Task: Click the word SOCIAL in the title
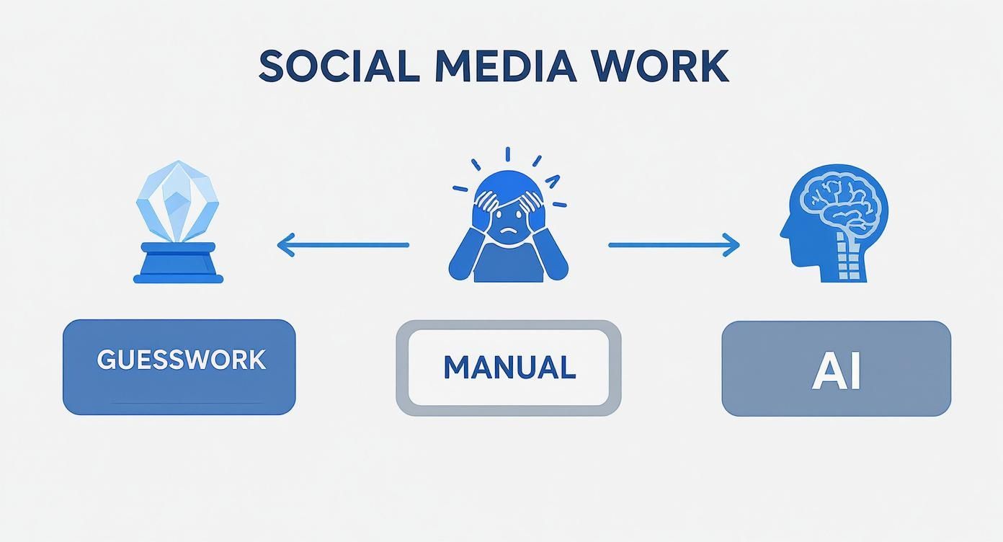(338, 66)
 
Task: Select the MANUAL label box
(508, 368)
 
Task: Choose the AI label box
(836, 368)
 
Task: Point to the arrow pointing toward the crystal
(343, 245)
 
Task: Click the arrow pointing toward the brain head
(674, 245)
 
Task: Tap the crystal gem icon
(177, 202)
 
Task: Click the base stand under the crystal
(179, 263)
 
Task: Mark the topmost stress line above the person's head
(508, 154)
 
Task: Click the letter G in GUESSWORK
(106, 360)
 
